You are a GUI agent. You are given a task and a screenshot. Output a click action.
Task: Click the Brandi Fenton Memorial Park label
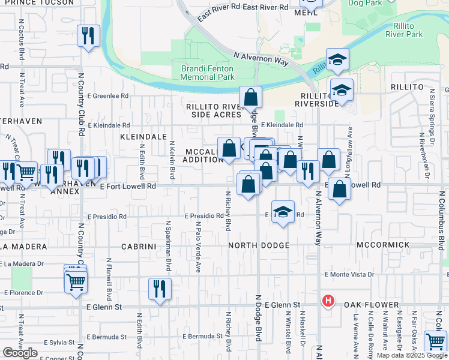coord(208,73)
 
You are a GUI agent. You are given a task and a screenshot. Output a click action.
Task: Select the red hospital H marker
coord(328,301)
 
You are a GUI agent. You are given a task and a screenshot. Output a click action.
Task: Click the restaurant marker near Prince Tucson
coord(88,37)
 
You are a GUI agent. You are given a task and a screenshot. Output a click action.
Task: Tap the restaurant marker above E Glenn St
coord(160,289)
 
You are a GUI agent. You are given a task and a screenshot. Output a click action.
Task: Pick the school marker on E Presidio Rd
coord(283,212)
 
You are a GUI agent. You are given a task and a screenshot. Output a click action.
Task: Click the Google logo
coord(20,353)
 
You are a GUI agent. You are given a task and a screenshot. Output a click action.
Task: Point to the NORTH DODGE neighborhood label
coord(259,245)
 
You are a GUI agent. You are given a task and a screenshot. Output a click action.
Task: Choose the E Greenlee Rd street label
coord(108,95)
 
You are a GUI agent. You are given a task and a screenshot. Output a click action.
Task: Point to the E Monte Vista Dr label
coord(349,274)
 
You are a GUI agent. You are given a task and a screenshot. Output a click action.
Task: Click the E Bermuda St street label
coord(106,337)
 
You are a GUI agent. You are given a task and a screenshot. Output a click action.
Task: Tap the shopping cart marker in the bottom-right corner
coord(435,341)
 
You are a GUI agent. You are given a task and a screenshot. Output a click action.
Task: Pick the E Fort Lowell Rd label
coord(128,187)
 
